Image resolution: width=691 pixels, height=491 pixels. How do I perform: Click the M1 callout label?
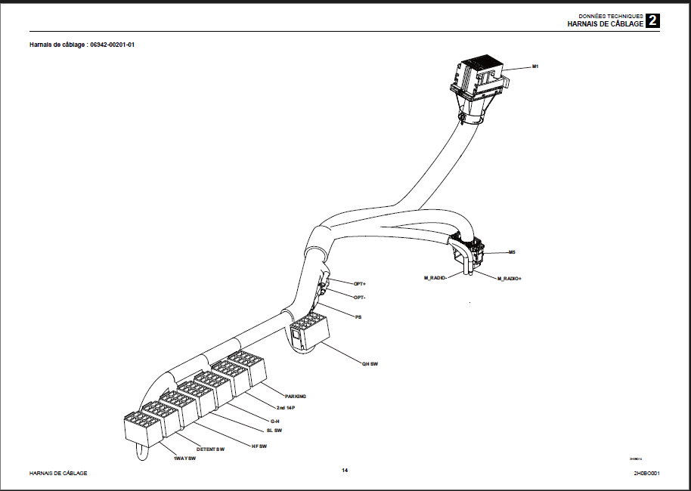[x=535, y=67]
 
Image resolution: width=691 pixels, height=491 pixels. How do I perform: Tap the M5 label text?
[x=512, y=252]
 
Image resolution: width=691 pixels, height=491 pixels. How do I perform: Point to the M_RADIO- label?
[x=435, y=278]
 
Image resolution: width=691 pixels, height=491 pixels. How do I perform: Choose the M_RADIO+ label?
[x=510, y=279]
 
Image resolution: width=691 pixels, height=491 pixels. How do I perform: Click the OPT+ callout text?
[x=360, y=283]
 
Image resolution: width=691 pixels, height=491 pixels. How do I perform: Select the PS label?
[x=358, y=317]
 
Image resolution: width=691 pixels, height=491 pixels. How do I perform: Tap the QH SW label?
[x=369, y=363]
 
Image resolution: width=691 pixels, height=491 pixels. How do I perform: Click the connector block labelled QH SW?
[x=308, y=332]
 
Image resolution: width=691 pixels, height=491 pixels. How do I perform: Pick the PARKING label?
[x=296, y=396]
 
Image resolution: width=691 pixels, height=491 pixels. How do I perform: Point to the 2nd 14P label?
[x=286, y=408]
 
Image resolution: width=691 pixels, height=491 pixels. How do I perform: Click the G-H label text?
[x=275, y=420]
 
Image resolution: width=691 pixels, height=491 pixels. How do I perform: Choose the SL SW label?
[x=272, y=431]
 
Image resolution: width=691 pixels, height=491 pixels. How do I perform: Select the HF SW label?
[x=259, y=446]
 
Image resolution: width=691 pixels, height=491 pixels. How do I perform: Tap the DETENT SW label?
[x=211, y=449]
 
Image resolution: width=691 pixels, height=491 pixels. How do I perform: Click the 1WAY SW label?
[x=184, y=459]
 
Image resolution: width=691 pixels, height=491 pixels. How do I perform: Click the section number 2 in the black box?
[x=652, y=21]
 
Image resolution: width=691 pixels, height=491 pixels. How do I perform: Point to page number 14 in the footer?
[x=345, y=471]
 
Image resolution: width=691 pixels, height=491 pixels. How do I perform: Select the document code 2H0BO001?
[x=647, y=473]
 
